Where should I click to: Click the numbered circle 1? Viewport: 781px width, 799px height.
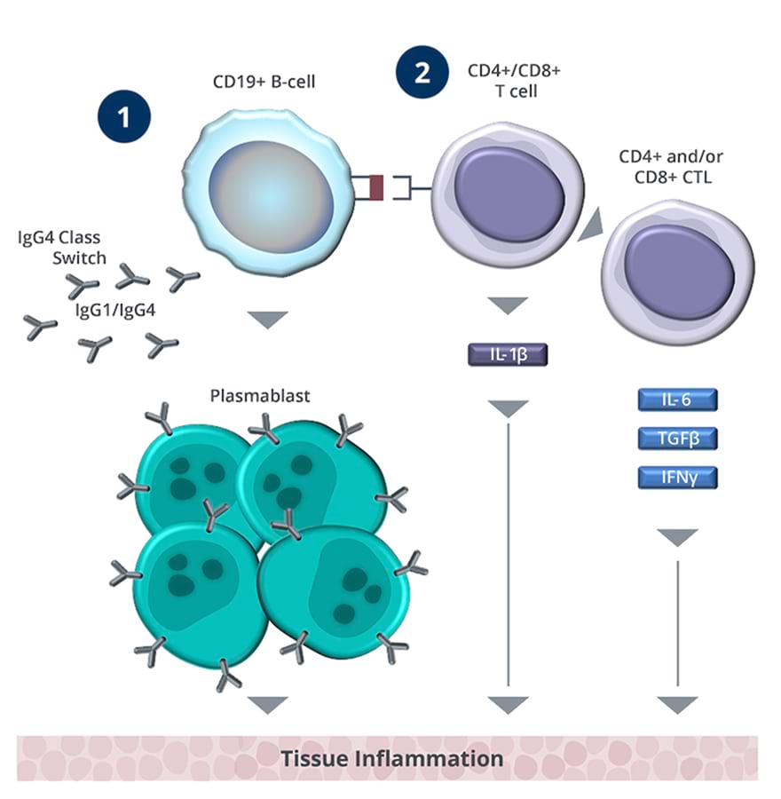click(x=124, y=117)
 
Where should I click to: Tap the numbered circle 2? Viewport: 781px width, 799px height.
click(x=422, y=71)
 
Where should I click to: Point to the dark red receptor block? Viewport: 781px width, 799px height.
click(x=375, y=188)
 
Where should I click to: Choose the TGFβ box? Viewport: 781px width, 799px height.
click(x=677, y=439)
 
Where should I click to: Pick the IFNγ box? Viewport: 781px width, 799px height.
click(x=677, y=479)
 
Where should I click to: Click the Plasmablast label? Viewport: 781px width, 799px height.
click(x=260, y=396)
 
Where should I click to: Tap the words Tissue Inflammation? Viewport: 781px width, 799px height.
click(x=391, y=759)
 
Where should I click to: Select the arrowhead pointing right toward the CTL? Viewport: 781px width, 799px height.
click(x=588, y=225)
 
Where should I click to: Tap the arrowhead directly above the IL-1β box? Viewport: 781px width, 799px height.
click(x=509, y=305)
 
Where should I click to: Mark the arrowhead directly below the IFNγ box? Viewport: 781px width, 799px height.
click(x=677, y=536)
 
